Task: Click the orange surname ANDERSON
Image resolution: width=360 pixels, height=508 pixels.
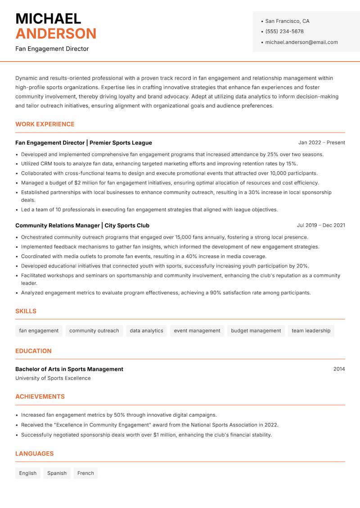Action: tap(56, 34)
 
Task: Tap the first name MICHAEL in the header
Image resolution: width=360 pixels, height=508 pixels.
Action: tap(48, 19)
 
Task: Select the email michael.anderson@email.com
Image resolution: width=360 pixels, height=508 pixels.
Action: tap(301, 42)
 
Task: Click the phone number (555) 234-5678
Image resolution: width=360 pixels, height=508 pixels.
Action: tap(284, 31)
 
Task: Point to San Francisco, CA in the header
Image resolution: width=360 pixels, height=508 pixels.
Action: tap(287, 21)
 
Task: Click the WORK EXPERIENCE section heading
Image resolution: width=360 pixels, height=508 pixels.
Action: tap(45, 124)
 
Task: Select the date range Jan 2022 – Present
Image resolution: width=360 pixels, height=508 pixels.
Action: tap(321, 143)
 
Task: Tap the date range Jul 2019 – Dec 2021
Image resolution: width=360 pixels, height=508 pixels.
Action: tap(320, 225)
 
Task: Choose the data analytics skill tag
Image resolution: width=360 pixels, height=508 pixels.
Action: tap(146, 330)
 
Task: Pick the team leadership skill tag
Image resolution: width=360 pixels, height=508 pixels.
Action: tap(310, 330)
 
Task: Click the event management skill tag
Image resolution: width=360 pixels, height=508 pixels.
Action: tap(197, 330)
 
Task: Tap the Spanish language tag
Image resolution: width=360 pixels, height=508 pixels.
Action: tap(57, 473)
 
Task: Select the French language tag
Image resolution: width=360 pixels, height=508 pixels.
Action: tap(85, 473)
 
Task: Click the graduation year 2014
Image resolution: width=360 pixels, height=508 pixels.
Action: tap(339, 369)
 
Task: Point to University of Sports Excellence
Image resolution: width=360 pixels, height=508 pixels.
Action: tap(53, 378)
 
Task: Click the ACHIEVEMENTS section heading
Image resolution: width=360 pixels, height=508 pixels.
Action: tap(40, 397)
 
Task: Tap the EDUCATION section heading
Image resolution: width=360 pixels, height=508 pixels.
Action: tap(33, 351)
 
